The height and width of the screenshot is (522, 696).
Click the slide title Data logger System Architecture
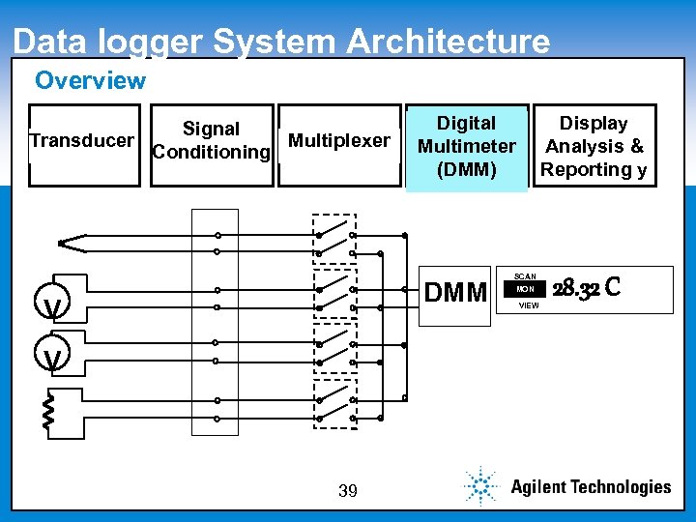281,42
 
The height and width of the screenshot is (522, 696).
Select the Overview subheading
90,81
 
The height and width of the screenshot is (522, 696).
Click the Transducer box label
82,141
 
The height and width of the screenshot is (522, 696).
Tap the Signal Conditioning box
211,141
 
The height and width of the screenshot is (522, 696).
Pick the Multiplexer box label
339,141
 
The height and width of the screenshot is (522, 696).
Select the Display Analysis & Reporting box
594,146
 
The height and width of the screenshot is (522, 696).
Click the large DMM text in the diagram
456,291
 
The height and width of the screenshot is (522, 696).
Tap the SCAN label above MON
526,276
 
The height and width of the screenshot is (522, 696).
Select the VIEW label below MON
529,305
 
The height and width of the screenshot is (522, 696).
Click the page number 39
348,492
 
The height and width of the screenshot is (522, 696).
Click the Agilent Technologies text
590,487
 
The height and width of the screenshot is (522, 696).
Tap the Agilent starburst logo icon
479,485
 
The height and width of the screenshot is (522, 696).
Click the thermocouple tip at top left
63,243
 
